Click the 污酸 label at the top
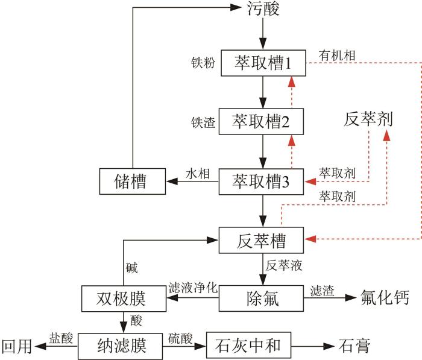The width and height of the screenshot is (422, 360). point(263,8)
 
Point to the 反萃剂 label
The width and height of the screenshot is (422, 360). point(368,119)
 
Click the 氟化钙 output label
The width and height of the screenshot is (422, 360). point(385,297)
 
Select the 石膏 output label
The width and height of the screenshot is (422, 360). point(354,346)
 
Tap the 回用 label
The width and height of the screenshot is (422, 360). point(17,346)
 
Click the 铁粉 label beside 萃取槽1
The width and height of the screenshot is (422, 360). point(203,63)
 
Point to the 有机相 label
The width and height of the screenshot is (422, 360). point(337,55)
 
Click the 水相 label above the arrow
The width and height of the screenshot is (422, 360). point(198,174)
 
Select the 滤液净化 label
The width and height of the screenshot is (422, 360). point(193,288)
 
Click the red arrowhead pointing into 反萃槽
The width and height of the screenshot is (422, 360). point(310,239)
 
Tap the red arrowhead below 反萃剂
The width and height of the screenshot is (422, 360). point(387,136)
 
